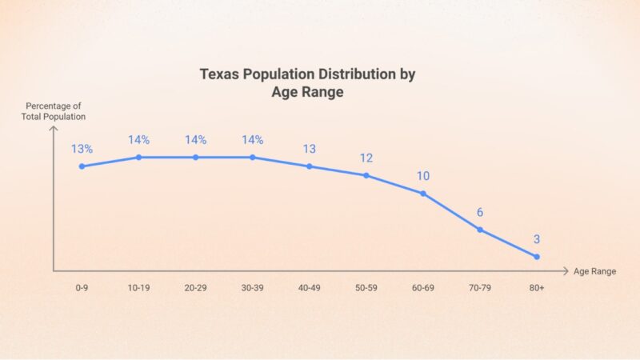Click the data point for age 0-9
[82, 166]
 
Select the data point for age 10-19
[138, 157]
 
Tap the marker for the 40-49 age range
[310, 166]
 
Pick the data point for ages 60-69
[423, 194]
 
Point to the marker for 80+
[537, 257]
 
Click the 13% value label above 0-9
[82, 149]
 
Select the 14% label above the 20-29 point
[195, 140]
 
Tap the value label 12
[366, 158]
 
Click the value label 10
[423, 176]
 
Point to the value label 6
[480, 213]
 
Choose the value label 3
[537, 239]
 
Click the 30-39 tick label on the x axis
[252, 287]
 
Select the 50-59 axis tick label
[366, 287]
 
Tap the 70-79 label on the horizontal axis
[480, 287]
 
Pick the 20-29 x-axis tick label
[195, 287]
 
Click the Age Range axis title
[594, 271]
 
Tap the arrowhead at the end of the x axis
[566, 271]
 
